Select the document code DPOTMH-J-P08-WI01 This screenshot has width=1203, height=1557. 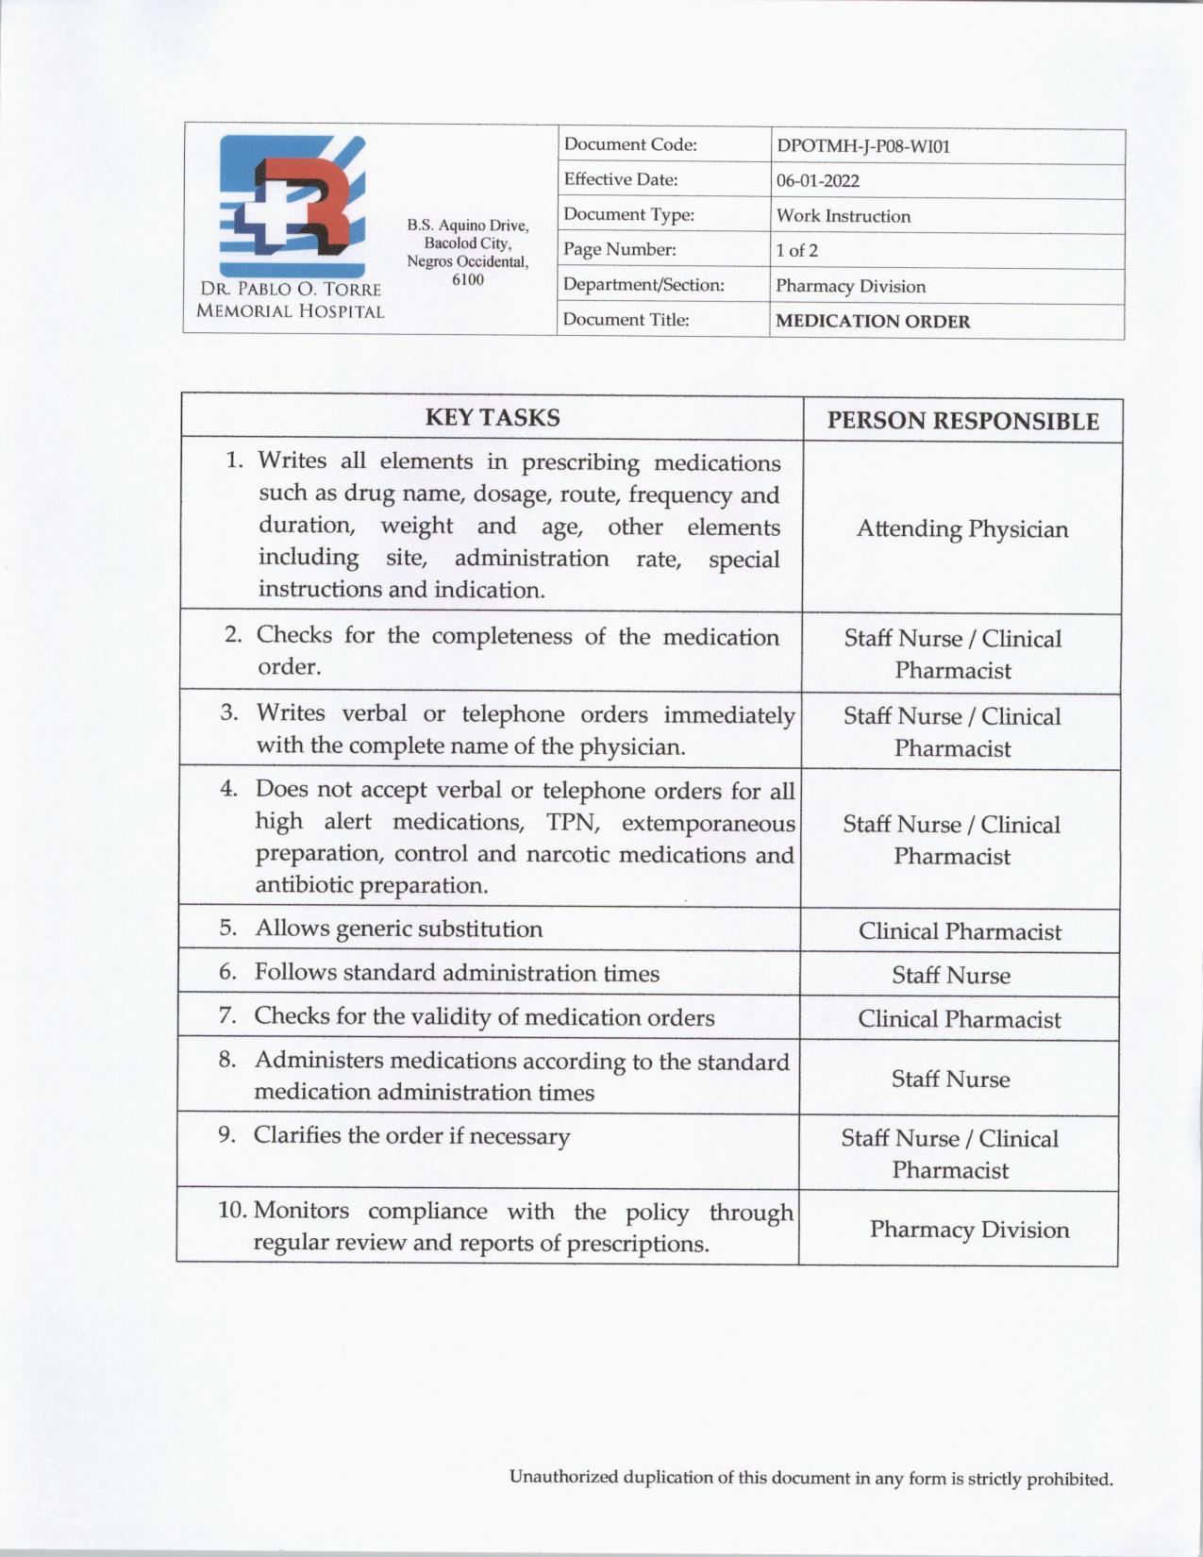coord(862,146)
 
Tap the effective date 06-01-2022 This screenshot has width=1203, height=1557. coord(817,181)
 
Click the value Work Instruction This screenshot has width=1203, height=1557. coord(843,216)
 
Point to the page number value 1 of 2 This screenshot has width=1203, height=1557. coord(796,251)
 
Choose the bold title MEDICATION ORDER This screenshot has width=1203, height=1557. coord(872,321)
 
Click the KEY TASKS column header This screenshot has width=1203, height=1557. coord(492,417)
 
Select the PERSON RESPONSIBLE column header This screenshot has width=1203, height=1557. coord(962,421)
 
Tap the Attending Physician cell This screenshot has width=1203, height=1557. coord(961,528)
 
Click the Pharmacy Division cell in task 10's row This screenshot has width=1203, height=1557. coord(969,1230)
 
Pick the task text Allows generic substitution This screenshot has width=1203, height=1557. coord(398,929)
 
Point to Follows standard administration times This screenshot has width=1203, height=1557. coord(457,973)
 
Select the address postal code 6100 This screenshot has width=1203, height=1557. coord(467,279)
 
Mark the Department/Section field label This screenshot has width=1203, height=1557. coord(643,285)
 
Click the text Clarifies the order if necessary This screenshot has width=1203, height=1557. coord(411,1135)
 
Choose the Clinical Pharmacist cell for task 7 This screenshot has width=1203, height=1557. coord(959,1019)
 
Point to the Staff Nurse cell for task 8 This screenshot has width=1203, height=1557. coord(950,1079)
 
